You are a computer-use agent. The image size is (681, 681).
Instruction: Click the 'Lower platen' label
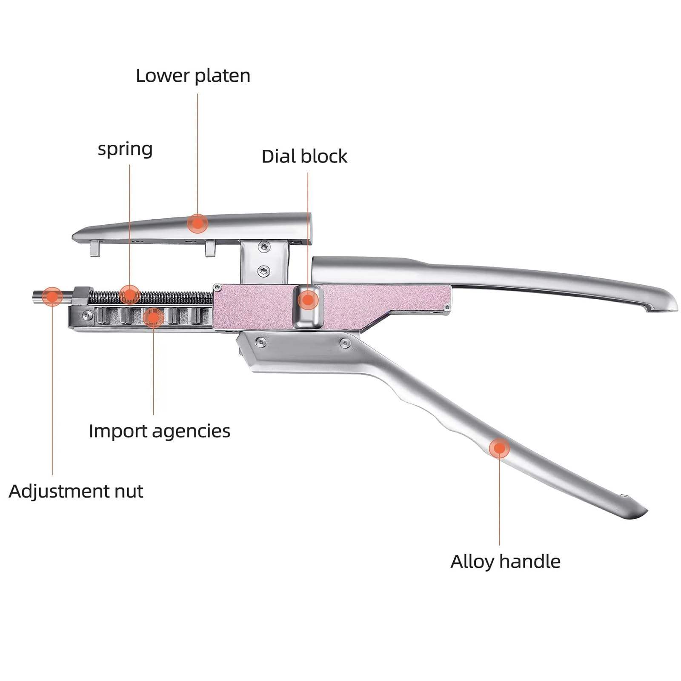[x=193, y=76]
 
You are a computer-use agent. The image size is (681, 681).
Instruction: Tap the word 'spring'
[x=125, y=149]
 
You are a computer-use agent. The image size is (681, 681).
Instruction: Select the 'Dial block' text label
[x=304, y=157]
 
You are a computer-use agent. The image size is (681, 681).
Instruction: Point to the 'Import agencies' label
[x=159, y=431]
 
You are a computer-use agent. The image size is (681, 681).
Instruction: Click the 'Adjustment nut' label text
[x=76, y=492]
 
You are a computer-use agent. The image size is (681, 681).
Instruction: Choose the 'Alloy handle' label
[x=505, y=562]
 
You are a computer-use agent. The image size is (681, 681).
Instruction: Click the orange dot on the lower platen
[x=197, y=223]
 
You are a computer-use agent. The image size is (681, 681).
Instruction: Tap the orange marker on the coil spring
[x=129, y=295]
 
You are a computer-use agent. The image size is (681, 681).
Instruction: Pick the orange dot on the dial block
[x=308, y=300]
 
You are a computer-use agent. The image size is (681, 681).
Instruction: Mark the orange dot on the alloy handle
[x=499, y=448]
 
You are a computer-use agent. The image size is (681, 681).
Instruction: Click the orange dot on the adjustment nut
[x=52, y=297]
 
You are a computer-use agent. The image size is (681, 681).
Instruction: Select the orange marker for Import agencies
[x=154, y=317]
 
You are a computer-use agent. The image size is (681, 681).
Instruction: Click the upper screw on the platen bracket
[x=264, y=246]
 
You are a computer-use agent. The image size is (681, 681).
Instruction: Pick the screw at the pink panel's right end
[x=446, y=307]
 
